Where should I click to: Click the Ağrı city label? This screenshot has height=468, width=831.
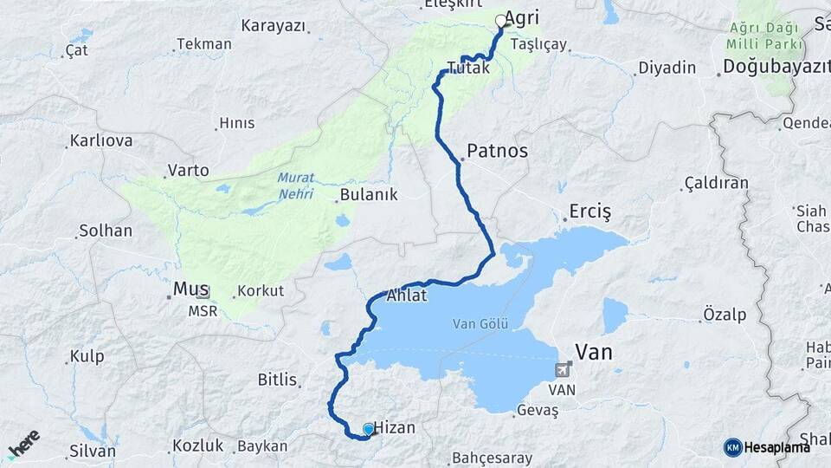click(x=522, y=18)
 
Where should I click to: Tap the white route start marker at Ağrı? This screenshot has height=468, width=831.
click(x=500, y=21)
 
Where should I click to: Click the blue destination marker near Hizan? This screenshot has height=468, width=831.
click(x=369, y=428)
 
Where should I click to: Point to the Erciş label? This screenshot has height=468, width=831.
click(x=590, y=211)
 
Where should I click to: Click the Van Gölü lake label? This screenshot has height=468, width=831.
click(x=480, y=323)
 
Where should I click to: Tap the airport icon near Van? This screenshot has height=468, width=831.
click(x=564, y=371)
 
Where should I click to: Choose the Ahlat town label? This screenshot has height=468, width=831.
click(x=407, y=295)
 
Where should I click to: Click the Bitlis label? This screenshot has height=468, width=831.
click(x=277, y=380)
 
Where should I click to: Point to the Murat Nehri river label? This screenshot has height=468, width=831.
click(x=295, y=185)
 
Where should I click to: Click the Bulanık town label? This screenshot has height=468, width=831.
click(x=369, y=194)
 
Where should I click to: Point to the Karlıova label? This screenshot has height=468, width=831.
click(x=100, y=140)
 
